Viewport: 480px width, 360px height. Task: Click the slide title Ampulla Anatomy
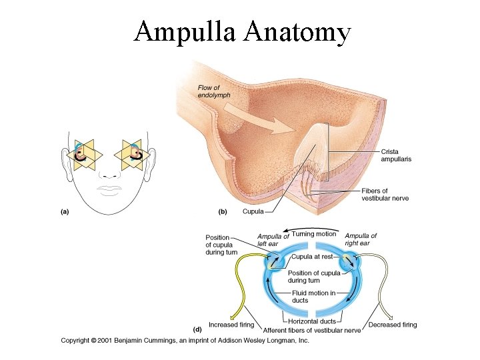click(x=241, y=31)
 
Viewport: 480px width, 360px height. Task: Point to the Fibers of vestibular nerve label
click(x=385, y=195)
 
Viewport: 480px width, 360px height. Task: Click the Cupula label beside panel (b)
click(x=253, y=211)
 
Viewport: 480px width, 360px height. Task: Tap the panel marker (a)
click(x=65, y=211)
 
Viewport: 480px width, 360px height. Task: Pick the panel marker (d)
click(x=197, y=329)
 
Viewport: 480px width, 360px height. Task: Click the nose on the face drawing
click(x=108, y=174)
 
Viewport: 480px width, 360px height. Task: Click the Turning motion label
click(x=314, y=234)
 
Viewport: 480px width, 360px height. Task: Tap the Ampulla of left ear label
click(x=273, y=239)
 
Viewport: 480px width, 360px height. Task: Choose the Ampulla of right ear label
click(x=361, y=239)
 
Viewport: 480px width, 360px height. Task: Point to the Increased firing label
click(x=231, y=325)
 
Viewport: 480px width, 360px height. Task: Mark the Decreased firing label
click(x=393, y=325)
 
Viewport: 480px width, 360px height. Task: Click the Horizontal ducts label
click(x=312, y=321)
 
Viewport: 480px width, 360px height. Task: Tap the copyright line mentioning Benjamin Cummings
click(x=185, y=340)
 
